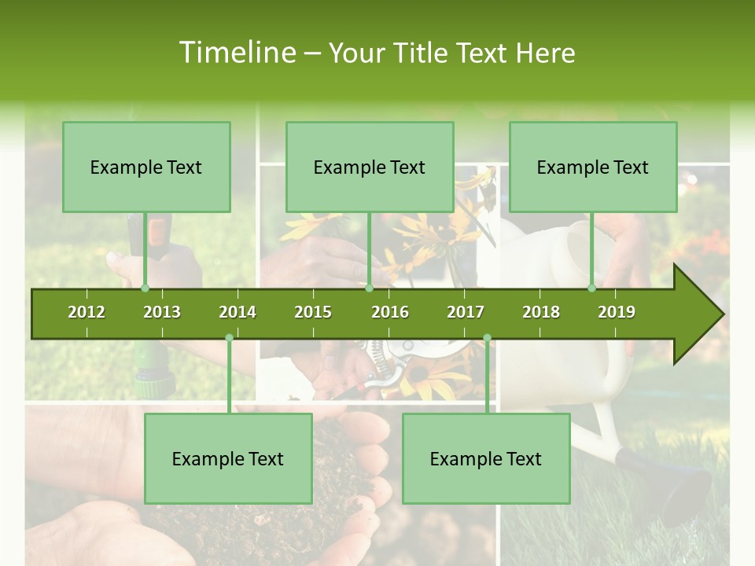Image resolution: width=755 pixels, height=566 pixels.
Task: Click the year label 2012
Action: pyautogui.click(x=87, y=312)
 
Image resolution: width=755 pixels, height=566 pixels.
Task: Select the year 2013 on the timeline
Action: pyautogui.click(x=162, y=312)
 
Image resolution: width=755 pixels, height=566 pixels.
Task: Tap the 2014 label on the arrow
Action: pyautogui.click(x=238, y=312)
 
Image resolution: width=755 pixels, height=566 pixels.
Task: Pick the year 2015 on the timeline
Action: pyautogui.click(x=313, y=312)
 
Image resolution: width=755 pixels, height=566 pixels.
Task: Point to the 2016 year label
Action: pyautogui.click(x=390, y=312)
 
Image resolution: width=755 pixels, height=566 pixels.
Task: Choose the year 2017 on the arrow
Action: pyautogui.click(x=466, y=312)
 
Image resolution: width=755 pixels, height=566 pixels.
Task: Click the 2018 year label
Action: pyautogui.click(x=541, y=312)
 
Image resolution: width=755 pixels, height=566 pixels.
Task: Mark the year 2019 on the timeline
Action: pyautogui.click(x=617, y=312)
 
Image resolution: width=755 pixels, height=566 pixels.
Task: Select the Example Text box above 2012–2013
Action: pyautogui.click(x=146, y=167)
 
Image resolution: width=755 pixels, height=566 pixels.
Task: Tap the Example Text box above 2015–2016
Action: pyautogui.click(x=370, y=167)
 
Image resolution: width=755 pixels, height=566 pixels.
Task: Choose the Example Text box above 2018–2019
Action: pyautogui.click(x=593, y=167)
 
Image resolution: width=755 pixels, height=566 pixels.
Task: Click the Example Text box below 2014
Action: pyautogui.click(x=228, y=458)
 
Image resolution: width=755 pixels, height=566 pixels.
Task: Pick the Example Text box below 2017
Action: pyautogui.click(x=486, y=458)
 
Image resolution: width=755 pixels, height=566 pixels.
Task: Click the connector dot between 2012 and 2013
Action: pyautogui.click(x=145, y=289)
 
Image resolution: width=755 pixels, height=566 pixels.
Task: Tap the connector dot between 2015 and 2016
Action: pyautogui.click(x=369, y=289)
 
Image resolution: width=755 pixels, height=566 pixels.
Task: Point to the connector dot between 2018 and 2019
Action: pyautogui.click(x=592, y=289)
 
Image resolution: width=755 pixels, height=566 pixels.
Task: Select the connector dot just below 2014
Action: pyautogui.click(x=229, y=338)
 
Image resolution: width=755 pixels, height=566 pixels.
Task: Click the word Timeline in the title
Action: pyautogui.click(x=236, y=53)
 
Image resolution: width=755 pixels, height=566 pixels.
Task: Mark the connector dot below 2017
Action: pyautogui.click(x=487, y=338)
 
